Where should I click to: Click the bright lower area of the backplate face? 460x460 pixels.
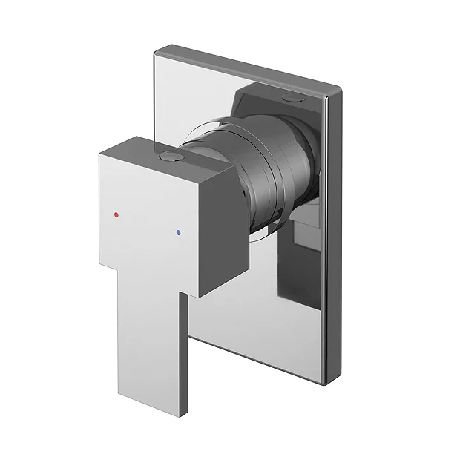click(245, 326)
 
